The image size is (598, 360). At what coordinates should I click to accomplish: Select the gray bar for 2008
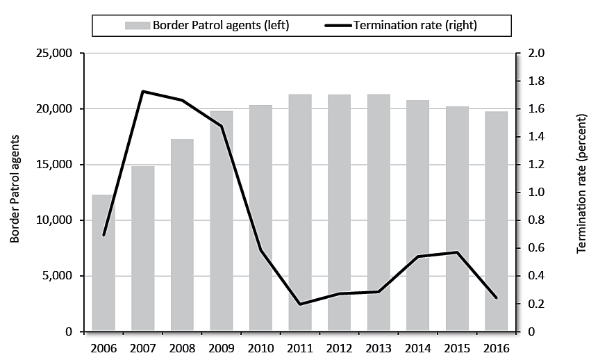point(182,236)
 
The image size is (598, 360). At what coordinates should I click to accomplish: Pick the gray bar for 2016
point(496,222)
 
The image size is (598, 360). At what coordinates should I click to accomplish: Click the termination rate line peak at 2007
point(143,91)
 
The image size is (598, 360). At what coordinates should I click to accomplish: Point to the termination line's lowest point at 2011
point(300,304)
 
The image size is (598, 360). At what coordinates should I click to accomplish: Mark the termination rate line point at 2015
point(457,252)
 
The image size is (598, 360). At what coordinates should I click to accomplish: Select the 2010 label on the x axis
point(260,347)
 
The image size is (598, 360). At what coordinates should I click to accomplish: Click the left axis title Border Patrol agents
point(15,188)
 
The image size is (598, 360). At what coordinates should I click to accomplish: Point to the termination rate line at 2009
point(222,126)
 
